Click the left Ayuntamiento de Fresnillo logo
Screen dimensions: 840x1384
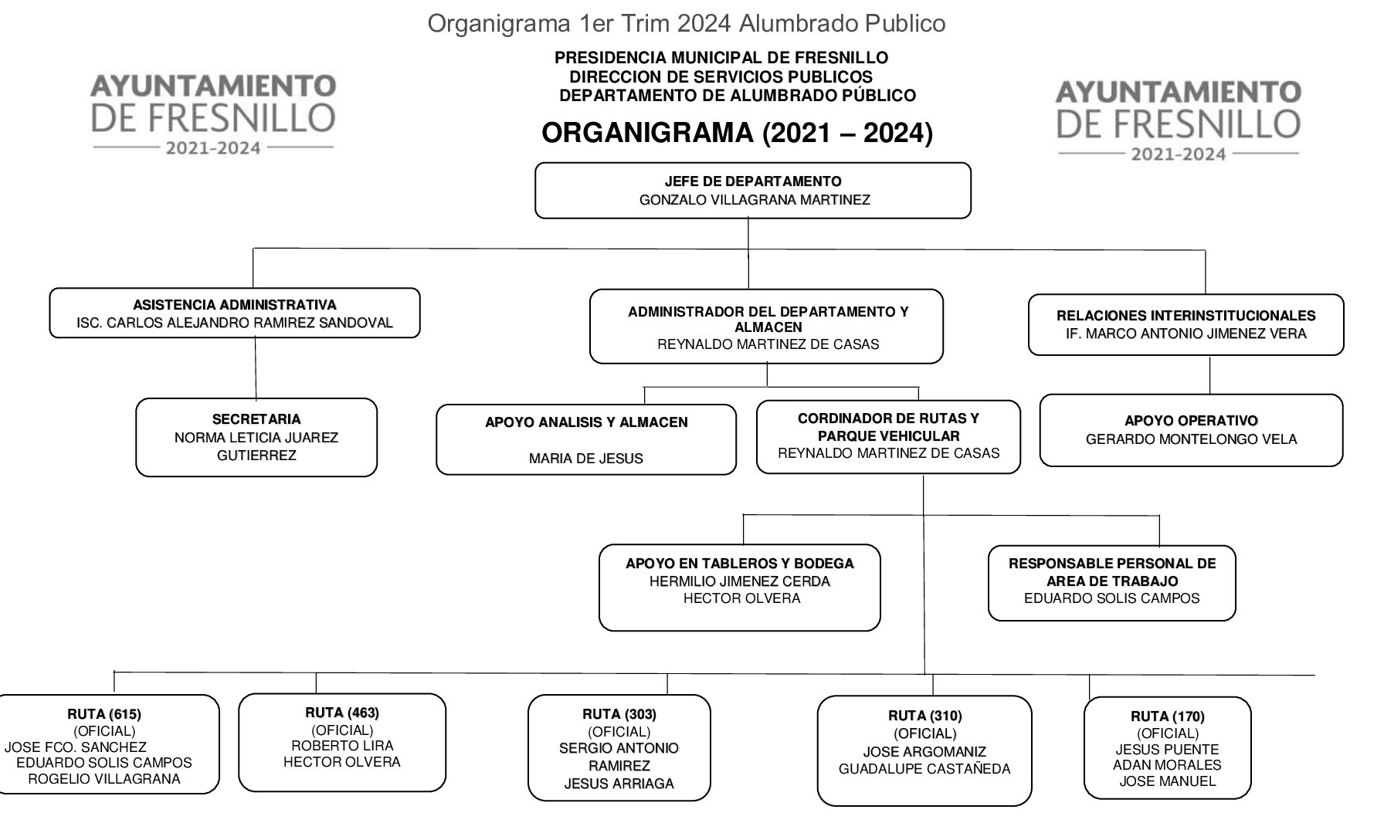(213, 113)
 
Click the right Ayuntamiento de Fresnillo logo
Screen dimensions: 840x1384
(1178, 120)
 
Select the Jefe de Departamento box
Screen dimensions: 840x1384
(753, 191)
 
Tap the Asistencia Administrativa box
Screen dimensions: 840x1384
(235, 313)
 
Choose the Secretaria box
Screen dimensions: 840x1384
(256, 438)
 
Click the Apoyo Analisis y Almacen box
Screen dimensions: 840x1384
(586, 439)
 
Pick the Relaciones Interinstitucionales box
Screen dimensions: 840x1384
(1186, 324)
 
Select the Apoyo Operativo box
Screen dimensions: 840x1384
(1191, 430)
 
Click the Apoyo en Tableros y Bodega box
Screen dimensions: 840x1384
(740, 588)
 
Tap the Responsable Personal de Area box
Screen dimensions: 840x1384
(1111, 582)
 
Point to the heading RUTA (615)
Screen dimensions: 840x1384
(104, 714)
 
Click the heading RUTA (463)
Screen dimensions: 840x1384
(342, 713)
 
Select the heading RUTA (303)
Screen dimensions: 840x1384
(619, 714)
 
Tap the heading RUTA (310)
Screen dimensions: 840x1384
(925, 716)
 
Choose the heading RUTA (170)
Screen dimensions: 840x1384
(1167, 716)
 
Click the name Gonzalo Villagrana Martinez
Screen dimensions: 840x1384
(755, 200)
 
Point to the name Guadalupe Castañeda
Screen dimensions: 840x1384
(924, 769)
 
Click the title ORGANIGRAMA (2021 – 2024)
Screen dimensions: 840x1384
(737, 133)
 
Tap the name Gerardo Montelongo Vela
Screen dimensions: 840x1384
(1191, 439)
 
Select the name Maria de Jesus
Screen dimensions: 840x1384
(586, 459)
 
